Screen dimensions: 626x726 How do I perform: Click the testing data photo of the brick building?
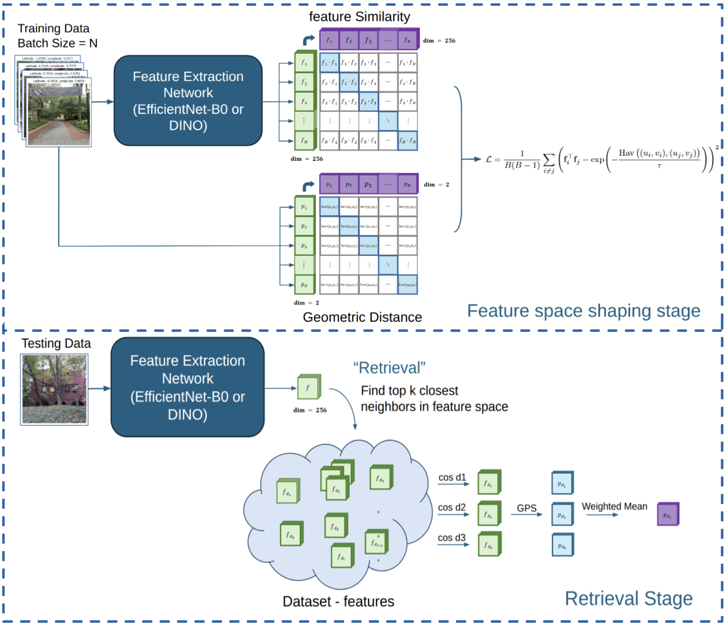pos(54,389)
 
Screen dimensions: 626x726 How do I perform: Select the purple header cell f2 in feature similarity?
pos(348,40)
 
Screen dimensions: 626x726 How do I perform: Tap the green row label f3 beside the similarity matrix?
pos(304,102)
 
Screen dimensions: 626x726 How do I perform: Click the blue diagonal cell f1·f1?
pos(329,63)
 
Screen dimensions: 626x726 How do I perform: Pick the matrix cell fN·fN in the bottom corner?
pos(408,141)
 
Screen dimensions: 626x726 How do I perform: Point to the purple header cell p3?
pos(368,184)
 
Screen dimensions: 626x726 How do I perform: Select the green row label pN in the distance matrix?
pos(304,285)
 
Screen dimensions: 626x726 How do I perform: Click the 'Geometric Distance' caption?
pos(362,317)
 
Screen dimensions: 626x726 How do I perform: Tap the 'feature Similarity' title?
pos(359,17)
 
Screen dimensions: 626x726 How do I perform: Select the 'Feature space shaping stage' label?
pos(584,311)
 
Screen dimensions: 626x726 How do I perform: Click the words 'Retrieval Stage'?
pos(629,599)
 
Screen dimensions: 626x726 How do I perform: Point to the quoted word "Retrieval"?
pos(389,368)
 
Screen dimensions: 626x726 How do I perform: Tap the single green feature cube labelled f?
pos(308,387)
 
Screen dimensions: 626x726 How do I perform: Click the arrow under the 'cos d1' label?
pos(453,484)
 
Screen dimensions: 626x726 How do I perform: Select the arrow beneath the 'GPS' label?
pos(526,514)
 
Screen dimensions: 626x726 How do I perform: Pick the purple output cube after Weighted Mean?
pos(668,514)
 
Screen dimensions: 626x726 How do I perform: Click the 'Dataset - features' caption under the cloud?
pos(338,601)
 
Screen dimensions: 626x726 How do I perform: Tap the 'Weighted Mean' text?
pos(614,506)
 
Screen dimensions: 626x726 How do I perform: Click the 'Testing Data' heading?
pos(56,343)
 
